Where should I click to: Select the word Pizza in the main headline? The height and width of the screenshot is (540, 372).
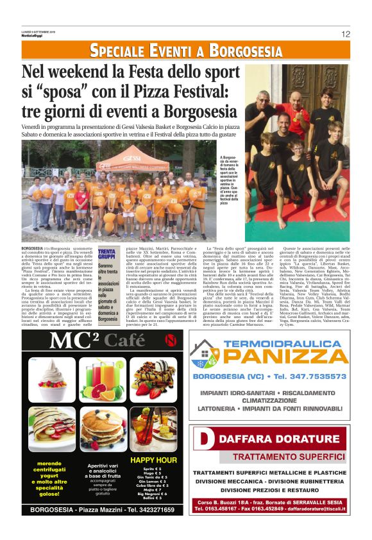pyautogui.click(x=150, y=89)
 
